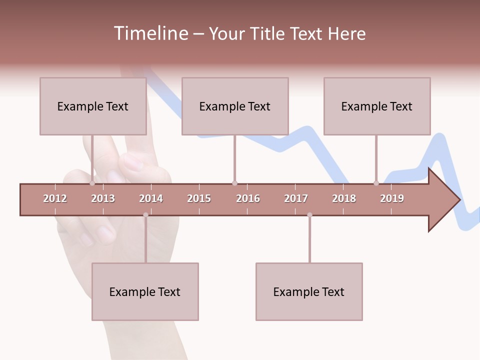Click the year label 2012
click(x=55, y=198)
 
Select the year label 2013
click(x=103, y=198)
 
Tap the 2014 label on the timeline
click(x=151, y=198)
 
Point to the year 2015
click(x=199, y=198)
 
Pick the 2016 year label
click(x=248, y=198)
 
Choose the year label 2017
click(x=296, y=198)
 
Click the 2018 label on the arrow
click(x=344, y=198)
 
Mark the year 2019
click(x=392, y=198)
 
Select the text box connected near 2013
click(x=93, y=106)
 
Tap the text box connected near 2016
click(x=235, y=106)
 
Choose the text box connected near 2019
click(x=377, y=106)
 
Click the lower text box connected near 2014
click(x=145, y=291)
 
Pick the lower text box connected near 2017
click(x=309, y=291)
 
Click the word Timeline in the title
click(x=150, y=33)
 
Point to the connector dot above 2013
click(x=92, y=183)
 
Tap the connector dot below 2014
click(x=145, y=215)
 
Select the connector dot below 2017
click(x=309, y=215)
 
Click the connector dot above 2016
click(x=234, y=183)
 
